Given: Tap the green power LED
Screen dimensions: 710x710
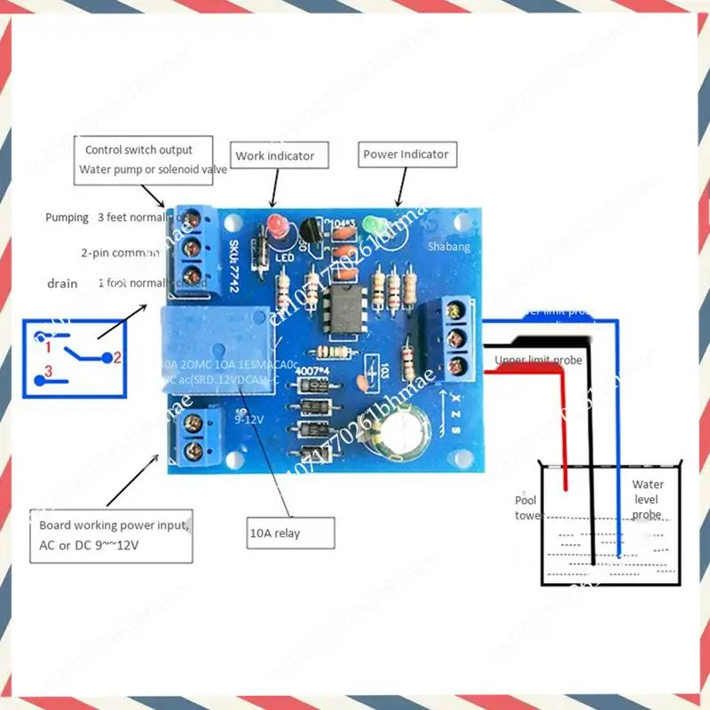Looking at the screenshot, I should pos(376,227).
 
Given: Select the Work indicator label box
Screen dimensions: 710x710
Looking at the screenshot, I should pos(274,156).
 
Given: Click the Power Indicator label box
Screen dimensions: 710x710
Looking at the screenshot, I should pos(406,154).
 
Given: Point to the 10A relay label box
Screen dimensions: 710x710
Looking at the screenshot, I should pos(290,533).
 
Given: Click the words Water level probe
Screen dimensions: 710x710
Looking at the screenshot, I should pos(647,499).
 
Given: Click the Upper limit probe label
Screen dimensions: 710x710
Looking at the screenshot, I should pos(539,360).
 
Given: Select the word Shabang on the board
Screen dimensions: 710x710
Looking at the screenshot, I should pos(448,248).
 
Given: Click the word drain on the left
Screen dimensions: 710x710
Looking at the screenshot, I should pos(62,283).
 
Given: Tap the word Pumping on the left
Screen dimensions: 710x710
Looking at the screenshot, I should pos(67,217).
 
